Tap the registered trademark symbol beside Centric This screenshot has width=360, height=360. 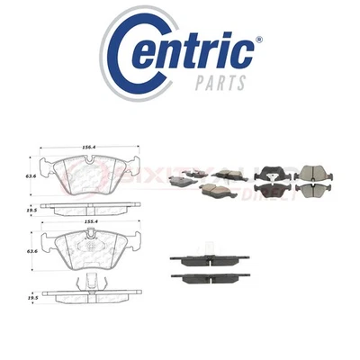point(260,40)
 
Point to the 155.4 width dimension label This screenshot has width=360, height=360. point(87,220)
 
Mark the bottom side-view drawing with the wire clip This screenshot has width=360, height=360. point(91,291)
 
